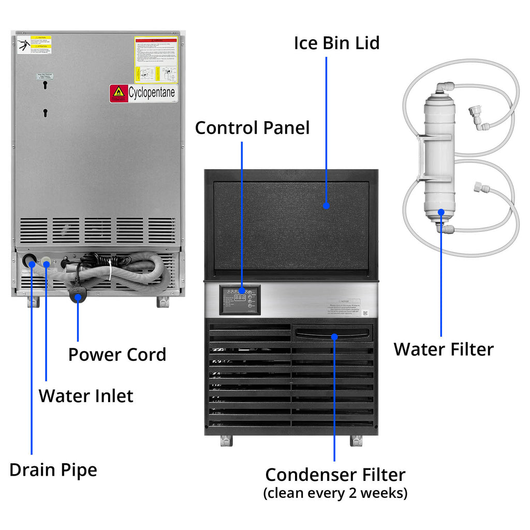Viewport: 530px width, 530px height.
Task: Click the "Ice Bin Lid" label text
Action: (x=336, y=42)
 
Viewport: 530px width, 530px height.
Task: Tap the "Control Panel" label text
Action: (x=252, y=127)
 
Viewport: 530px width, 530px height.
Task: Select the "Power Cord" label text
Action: (x=117, y=355)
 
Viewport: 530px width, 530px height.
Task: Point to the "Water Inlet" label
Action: (x=86, y=396)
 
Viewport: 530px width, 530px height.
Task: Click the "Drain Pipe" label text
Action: (x=53, y=470)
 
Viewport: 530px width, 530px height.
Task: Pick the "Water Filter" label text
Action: (x=444, y=349)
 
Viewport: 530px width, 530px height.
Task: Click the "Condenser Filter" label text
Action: (x=335, y=475)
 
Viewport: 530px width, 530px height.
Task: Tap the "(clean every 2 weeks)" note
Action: (x=335, y=493)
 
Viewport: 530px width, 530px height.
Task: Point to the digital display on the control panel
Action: (x=240, y=298)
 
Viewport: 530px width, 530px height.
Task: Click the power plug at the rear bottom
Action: (x=78, y=297)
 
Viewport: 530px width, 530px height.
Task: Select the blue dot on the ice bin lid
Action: (x=326, y=205)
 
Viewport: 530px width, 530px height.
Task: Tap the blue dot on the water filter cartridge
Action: (x=441, y=211)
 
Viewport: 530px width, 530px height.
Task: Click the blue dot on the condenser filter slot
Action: (x=334, y=336)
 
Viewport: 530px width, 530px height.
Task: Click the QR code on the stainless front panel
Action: (x=365, y=313)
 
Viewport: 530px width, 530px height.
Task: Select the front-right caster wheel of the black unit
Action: (x=356, y=440)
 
